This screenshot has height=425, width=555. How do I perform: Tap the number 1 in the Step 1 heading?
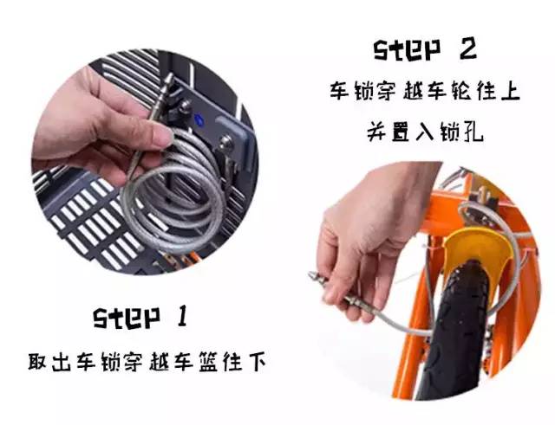pos(181,317)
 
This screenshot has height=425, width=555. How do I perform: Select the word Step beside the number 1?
pos(126,318)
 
